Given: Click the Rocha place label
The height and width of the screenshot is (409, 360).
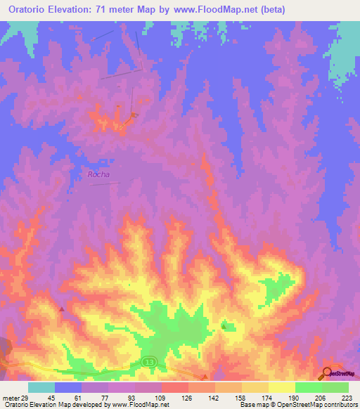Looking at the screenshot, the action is pos(98,174).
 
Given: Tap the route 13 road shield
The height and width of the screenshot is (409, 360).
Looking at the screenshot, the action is pos(148,361).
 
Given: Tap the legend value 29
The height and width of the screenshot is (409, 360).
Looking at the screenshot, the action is pos(27,397).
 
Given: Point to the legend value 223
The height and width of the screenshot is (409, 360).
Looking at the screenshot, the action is pos(345,397).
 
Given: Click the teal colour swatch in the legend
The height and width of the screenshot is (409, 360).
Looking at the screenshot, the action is pos(41,387).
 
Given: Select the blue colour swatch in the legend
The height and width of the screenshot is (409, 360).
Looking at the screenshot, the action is pos(67,387).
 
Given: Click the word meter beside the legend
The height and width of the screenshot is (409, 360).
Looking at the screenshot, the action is pos(11,397).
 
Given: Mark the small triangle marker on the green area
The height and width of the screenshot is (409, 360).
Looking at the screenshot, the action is pos(224,325).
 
